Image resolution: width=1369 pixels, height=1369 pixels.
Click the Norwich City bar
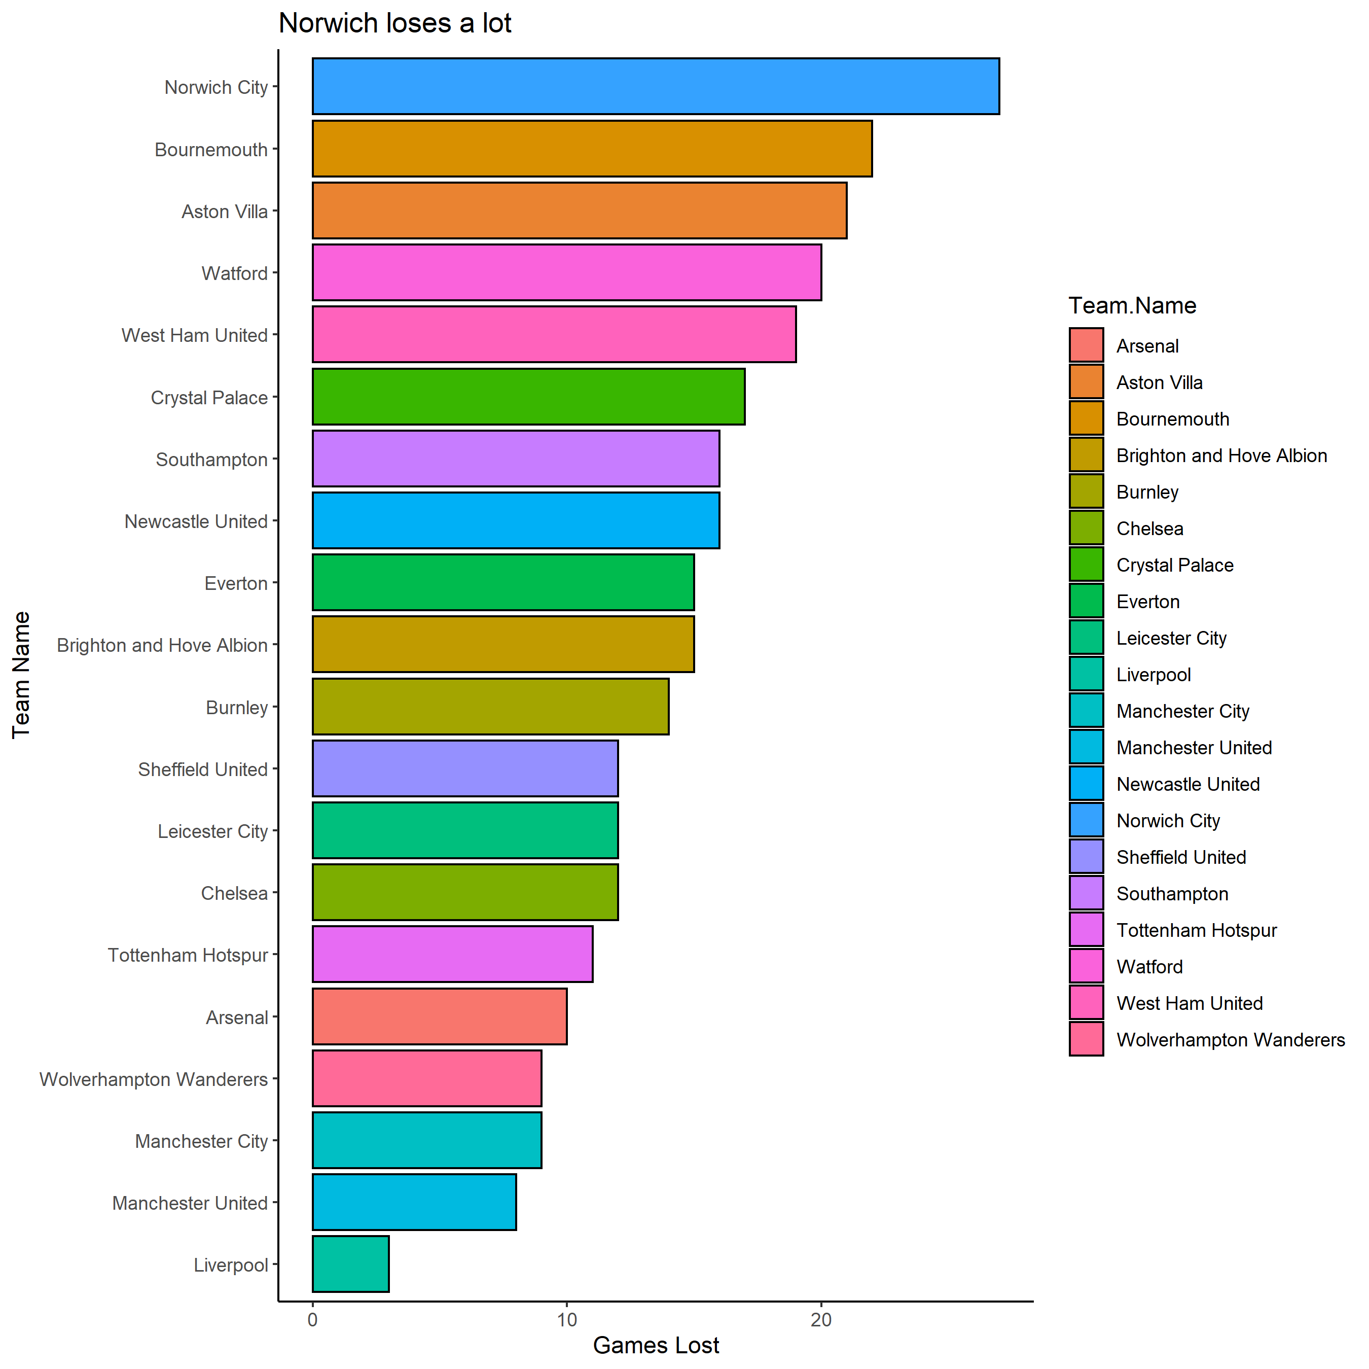click(x=656, y=86)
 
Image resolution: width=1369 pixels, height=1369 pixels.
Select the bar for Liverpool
click(x=351, y=1264)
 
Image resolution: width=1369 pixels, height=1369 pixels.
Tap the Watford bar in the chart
click(x=567, y=272)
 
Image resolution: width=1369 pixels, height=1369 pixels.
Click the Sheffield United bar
click(x=465, y=768)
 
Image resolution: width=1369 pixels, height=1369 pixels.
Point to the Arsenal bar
click(x=439, y=1016)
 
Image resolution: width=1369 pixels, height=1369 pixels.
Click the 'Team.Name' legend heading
click(x=1132, y=305)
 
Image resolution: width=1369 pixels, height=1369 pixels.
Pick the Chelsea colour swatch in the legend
click(x=1086, y=528)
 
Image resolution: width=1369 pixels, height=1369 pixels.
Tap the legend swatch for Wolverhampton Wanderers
click(x=1086, y=1039)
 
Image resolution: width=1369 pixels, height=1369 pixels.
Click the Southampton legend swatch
click(x=1086, y=893)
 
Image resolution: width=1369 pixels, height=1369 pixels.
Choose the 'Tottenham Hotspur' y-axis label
click(x=188, y=955)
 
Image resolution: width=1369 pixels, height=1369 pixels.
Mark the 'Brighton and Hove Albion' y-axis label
click(x=162, y=645)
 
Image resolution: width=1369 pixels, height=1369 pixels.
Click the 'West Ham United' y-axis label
click(x=194, y=335)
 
